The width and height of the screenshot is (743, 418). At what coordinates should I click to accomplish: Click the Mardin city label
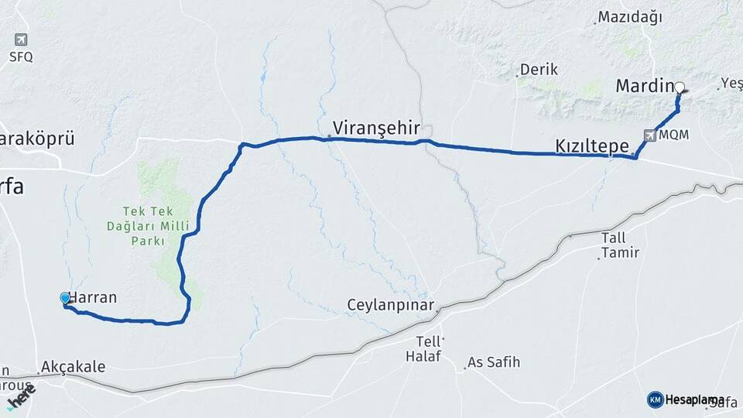tap(645, 86)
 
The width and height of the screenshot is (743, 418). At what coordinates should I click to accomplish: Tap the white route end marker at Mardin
tap(679, 87)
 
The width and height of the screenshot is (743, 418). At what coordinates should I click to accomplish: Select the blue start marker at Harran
tap(65, 297)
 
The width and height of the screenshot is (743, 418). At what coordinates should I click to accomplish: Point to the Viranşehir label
tap(376, 127)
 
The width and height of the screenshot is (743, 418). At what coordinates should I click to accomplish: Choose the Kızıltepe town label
tap(592, 146)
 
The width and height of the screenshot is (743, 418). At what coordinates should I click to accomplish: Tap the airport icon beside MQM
tap(648, 135)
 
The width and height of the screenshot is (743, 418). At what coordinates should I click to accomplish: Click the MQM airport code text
tap(673, 135)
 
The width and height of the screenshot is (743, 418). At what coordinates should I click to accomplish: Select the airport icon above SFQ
tap(21, 39)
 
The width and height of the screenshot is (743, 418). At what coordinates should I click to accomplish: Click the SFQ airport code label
tap(21, 57)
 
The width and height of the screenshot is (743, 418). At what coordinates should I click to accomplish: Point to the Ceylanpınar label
tap(391, 305)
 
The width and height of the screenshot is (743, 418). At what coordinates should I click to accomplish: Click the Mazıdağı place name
tap(630, 18)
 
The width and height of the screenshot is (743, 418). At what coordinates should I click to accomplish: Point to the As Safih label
tap(495, 362)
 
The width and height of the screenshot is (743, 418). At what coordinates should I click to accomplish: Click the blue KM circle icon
tap(655, 399)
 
